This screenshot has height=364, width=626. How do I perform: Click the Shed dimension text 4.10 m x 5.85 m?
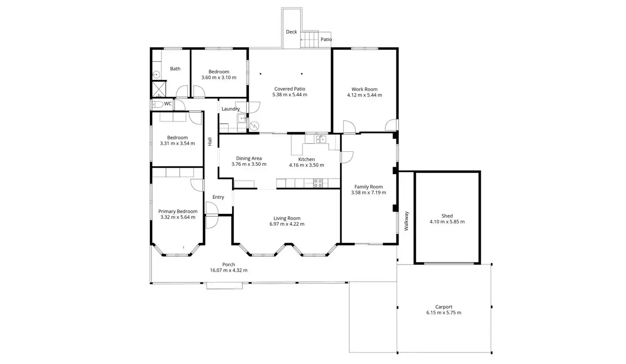447,222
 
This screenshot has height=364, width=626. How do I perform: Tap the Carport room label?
444,307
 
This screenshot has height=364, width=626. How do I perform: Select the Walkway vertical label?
406,221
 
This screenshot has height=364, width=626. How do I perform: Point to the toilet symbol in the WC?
157,104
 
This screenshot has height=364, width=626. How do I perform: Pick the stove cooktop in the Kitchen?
318,183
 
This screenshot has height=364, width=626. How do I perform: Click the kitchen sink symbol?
321,139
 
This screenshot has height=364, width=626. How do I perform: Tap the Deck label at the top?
291,32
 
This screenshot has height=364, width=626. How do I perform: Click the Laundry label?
230,109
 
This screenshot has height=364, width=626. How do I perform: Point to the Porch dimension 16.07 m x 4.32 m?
228,270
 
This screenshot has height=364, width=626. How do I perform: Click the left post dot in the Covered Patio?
260,74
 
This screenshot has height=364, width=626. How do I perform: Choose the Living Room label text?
287,218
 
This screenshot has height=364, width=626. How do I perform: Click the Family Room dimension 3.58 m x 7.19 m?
368,193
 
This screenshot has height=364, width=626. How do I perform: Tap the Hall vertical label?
210,141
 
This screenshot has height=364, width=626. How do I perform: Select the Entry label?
218,197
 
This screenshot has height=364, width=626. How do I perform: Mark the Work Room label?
364,89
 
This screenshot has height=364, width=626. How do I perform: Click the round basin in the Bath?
157,75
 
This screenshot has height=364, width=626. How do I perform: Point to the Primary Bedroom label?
178,211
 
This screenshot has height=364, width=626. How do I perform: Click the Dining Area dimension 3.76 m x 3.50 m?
249,164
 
